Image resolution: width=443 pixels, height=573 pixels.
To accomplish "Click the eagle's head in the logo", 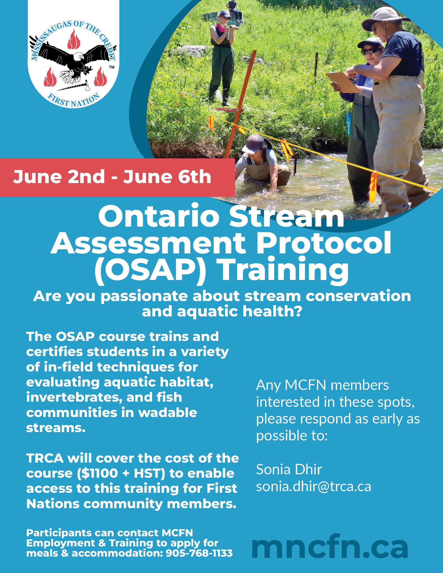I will [x=78, y=56].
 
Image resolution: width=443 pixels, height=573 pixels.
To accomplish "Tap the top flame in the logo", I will [x=73, y=39].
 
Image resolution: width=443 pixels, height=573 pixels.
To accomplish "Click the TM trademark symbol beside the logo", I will [x=112, y=67].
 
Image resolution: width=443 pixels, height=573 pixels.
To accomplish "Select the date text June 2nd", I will [x=59, y=177].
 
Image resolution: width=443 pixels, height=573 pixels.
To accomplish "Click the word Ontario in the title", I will [x=159, y=217].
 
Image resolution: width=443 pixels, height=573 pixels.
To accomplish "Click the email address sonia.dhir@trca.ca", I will [x=313, y=487].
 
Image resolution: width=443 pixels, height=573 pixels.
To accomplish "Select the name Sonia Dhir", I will [x=289, y=469].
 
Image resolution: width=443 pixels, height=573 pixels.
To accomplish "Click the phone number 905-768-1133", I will [x=199, y=553].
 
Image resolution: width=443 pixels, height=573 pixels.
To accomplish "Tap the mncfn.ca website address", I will [x=330, y=547].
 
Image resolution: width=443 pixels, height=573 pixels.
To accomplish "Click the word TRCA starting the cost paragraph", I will [x=45, y=458].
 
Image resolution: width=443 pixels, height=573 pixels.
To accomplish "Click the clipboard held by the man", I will [x=342, y=82].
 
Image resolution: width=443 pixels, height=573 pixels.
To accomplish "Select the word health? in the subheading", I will [x=272, y=312].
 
